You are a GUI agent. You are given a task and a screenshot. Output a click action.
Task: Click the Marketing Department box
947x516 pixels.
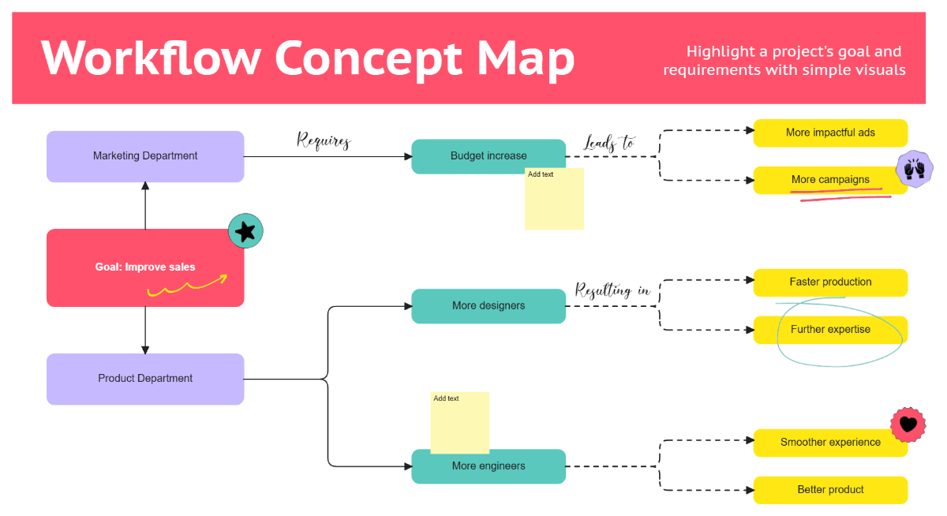145,156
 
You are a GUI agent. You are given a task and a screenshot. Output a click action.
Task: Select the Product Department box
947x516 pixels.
145,379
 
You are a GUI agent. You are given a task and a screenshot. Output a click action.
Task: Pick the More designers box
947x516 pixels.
488,306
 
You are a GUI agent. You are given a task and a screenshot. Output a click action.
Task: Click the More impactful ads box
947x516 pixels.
830,133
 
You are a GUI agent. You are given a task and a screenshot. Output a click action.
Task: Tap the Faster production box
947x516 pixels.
830,282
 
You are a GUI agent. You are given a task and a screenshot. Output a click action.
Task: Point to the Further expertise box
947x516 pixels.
830,330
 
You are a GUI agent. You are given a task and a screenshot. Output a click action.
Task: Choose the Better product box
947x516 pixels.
830,490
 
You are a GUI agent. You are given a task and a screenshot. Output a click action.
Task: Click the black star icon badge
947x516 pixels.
245,231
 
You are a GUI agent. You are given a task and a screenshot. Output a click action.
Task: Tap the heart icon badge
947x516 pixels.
908,424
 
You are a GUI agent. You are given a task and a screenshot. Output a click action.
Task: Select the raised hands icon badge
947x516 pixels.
915,169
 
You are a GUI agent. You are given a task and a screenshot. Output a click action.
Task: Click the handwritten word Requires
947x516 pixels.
324,141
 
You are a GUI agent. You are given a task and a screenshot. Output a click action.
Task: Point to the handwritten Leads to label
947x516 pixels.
608,143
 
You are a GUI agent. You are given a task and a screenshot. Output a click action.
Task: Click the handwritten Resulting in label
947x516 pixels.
612,290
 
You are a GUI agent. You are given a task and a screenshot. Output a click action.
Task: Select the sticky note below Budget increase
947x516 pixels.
554,201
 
